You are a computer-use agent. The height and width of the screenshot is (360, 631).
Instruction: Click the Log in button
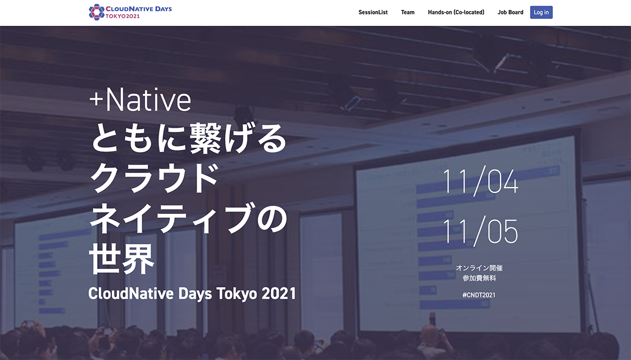pyautogui.click(x=541, y=12)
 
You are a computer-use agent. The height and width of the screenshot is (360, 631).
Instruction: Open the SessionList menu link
pyautogui.click(x=373, y=12)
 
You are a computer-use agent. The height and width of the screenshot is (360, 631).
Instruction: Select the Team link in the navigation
pyautogui.click(x=408, y=12)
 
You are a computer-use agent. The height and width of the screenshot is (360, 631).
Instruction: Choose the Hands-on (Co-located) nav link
pyautogui.click(x=456, y=12)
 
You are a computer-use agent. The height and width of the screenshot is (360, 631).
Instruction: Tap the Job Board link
pyautogui.click(x=510, y=12)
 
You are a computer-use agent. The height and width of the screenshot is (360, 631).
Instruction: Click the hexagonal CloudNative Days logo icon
pyautogui.click(x=96, y=12)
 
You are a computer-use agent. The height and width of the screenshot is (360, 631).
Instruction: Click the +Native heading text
pyautogui.click(x=140, y=100)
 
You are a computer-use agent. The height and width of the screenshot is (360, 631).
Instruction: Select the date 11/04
pyautogui.click(x=480, y=182)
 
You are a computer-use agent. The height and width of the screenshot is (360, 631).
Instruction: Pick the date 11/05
pyautogui.click(x=480, y=231)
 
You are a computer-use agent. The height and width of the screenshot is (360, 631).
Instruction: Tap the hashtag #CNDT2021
pyautogui.click(x=479, y=295)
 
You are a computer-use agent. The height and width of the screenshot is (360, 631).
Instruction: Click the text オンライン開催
pyautogui.click(x=479, y=268)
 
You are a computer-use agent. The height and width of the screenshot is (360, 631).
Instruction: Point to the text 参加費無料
pyautogui.click(x=479, y=278)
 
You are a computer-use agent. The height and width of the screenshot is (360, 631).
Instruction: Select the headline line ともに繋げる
pyautogui.click(x=189, y=138)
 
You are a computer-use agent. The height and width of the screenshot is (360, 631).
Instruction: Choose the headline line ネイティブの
pyautogui.click(x=189, y=218)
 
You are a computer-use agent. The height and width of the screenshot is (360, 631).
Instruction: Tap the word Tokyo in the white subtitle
pyautogui.click(x=236, y=293)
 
